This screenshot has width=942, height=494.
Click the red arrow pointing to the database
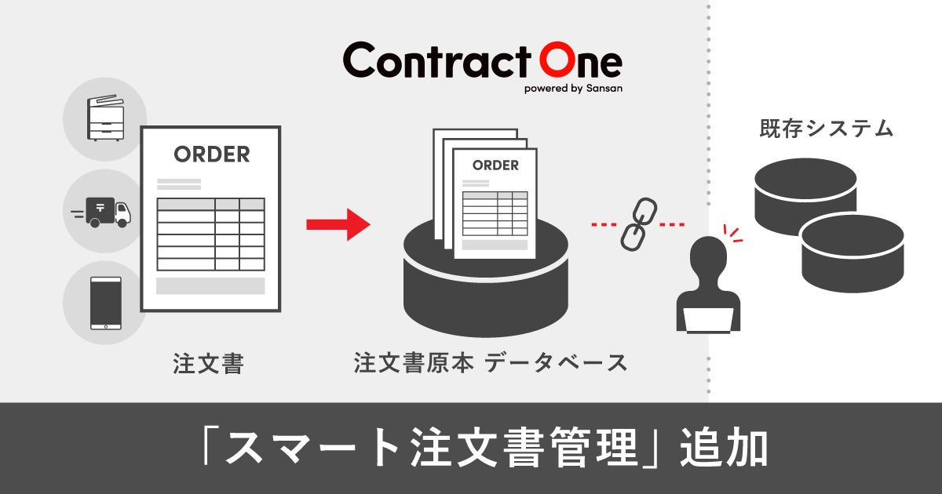pos(338,224)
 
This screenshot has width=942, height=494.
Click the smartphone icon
pos(106,303)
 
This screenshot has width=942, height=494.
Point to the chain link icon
pos(637,224)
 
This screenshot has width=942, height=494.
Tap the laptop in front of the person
pos(708,320)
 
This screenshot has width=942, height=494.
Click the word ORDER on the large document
pos(212,154)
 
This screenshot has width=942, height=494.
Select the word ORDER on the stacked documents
pos(495,165)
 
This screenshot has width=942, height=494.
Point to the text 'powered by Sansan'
pos(573,89)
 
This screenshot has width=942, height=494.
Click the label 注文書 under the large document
pos(208,364)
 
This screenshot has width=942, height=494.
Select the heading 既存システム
pos(827,129)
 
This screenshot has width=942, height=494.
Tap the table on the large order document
pos(210,234)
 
